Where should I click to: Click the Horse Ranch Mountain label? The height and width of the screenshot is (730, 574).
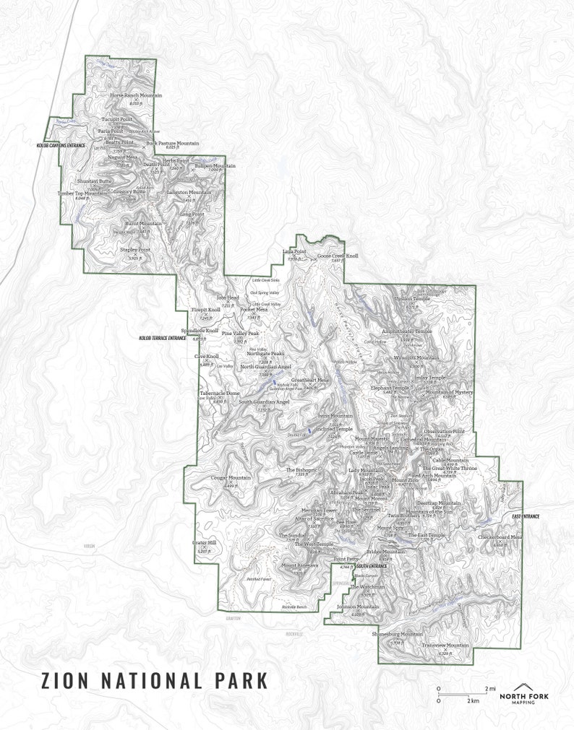tap(136, 95)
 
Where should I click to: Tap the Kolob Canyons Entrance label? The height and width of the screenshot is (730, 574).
tap(61, 145)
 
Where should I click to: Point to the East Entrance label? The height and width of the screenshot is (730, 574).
tap(526, 516)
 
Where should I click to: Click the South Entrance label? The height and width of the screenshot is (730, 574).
tap(372, 566)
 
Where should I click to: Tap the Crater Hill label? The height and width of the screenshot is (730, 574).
tap(205, 542)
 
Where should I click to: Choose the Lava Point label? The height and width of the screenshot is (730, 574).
tap(294, 252)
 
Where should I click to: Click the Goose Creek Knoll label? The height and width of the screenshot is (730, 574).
tap(338, 256)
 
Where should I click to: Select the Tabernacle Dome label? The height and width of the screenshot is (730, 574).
tap(220, 394)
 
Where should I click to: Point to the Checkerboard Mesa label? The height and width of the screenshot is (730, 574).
tap(500, 536)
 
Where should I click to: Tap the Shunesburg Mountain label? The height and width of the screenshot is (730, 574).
tap(397, 634)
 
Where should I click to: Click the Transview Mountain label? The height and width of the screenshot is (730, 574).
tap(445, 645)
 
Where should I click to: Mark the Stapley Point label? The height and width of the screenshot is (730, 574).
tap(135, 250)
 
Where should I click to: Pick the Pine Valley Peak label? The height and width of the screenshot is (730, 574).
tap(241, 333)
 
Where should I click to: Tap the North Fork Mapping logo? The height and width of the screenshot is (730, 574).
tap(529, 693)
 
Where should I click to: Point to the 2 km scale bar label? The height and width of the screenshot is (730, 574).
tap(474, 701)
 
